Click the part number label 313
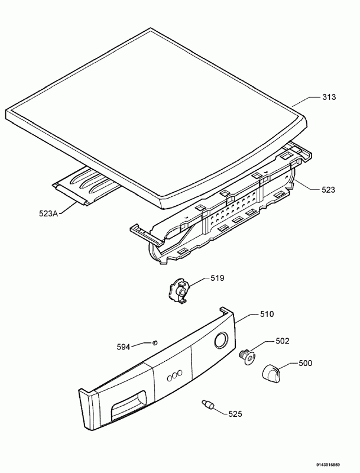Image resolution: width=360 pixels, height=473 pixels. click(329, 97)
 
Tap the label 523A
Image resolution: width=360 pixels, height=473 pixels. click(48, 213)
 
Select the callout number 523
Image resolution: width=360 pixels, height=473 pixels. click(328, 190)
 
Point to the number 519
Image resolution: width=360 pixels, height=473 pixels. click(218, 278)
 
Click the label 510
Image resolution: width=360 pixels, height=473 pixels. click(267, 314)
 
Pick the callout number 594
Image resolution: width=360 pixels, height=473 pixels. click(124, 347)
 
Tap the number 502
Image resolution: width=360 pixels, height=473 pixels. click(283, 341)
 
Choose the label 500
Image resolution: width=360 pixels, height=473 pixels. click(306, 363)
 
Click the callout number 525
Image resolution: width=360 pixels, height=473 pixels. click(235, 414)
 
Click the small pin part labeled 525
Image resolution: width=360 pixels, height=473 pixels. click(207, 404)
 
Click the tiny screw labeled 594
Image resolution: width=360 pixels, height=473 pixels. click(155, 342)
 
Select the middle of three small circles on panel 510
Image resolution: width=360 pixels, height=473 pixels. click(174, 375)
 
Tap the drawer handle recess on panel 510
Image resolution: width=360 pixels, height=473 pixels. click(129, 405)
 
